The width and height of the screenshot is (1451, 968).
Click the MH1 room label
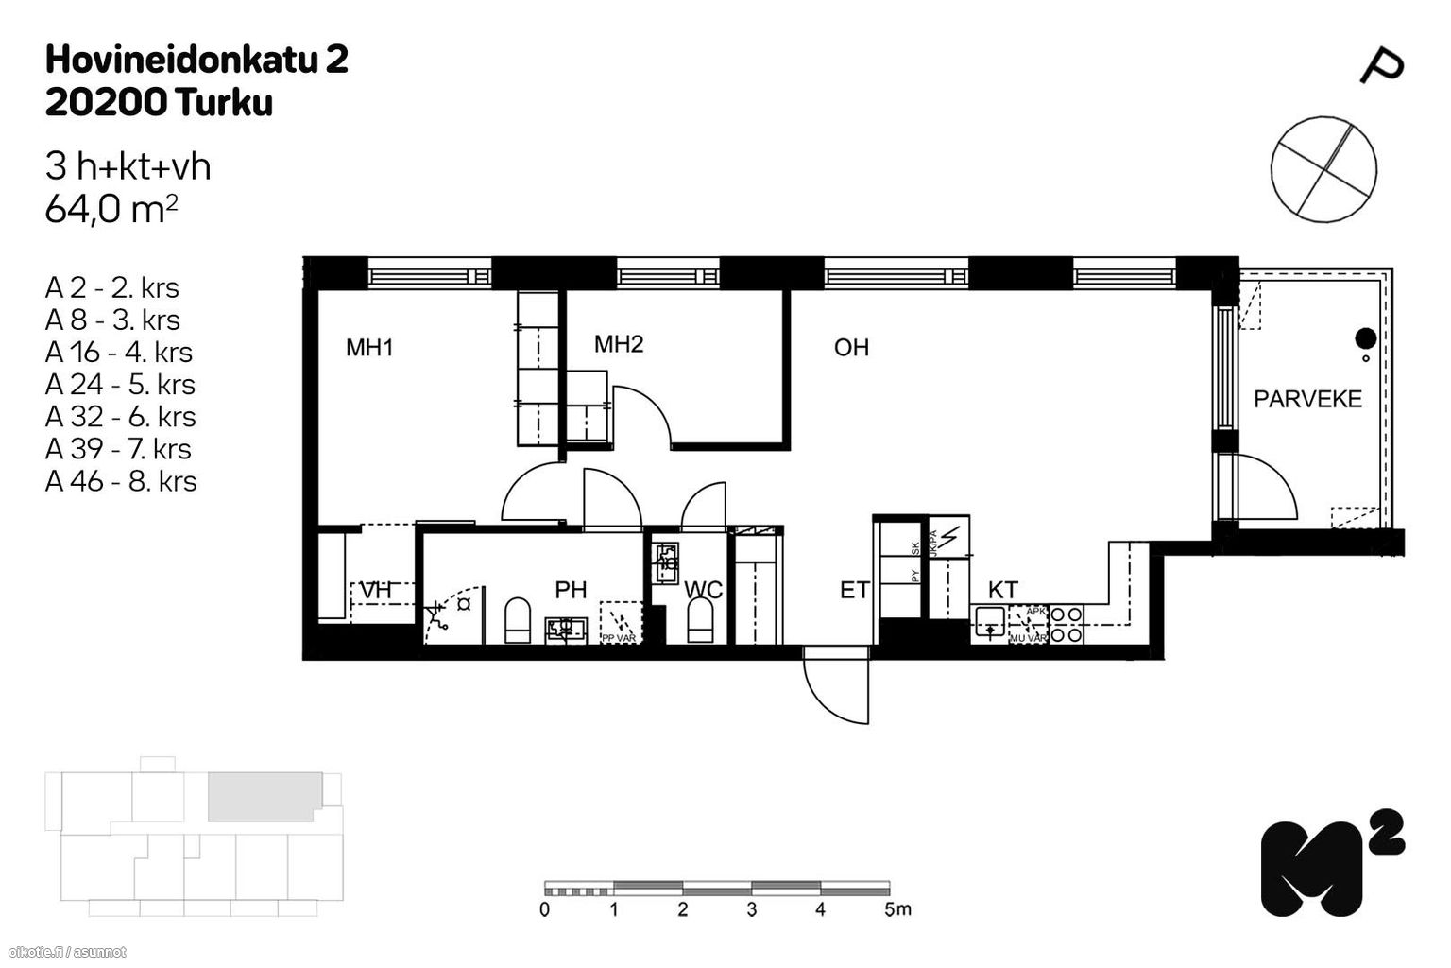(369, 348)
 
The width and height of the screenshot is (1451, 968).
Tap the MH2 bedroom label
(619, 344)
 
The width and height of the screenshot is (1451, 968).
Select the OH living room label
(851, 348)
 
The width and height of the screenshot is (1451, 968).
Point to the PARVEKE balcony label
(1307, 399)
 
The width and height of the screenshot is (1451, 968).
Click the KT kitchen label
(1002, 590)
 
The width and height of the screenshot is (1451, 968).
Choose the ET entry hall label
(855, 591)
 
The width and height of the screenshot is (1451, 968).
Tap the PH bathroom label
(571, 591)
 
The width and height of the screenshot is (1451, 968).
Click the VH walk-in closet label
(375, 591)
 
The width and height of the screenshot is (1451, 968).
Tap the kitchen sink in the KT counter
(989, 623)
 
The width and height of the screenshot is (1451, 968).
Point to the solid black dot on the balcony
(1364, 337)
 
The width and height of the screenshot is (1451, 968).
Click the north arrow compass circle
(1323, 170)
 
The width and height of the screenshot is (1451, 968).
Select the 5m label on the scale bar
(897, 909)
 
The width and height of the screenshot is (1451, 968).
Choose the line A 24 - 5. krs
(120, 385)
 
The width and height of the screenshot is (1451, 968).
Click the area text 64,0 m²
(111, 209)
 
